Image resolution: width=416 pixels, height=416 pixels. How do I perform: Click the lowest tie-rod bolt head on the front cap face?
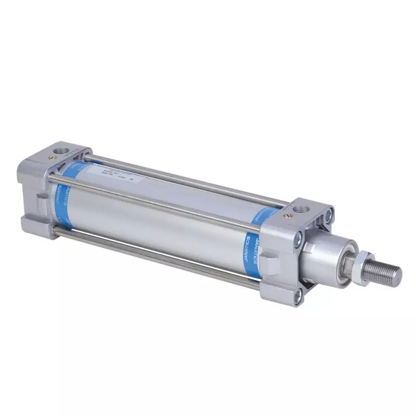tap(297, 297)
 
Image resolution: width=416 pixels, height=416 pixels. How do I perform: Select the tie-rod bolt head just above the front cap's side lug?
tap(297, 239)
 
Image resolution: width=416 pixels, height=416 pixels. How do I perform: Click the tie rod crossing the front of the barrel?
tap(156, 203)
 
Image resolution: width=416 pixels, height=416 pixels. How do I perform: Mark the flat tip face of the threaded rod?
tap(398, 273)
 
